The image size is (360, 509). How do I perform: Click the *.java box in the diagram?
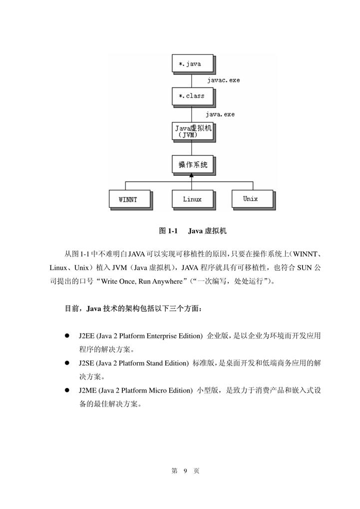192,64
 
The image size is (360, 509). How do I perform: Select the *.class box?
192,96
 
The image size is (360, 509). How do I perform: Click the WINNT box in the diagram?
128,199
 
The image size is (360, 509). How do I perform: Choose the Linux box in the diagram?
192,199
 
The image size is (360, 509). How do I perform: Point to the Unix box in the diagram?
251,199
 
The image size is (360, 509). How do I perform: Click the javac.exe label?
223,80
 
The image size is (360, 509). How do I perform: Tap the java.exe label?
220,114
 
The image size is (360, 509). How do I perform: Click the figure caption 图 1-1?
168,231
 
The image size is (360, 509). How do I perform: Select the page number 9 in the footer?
185,471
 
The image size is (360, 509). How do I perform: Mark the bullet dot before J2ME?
66,391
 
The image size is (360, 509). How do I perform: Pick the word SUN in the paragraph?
304,268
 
